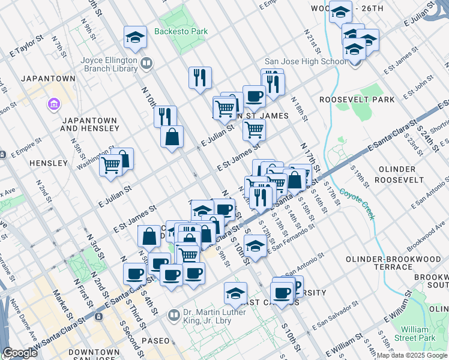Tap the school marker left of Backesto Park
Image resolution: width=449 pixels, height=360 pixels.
tap(136, 38)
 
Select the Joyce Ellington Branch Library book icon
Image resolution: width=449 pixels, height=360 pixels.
tap(146, 63)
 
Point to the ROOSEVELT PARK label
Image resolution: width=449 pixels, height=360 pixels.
tap(357, 99)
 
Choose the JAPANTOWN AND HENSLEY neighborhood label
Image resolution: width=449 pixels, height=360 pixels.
tap(89, 124)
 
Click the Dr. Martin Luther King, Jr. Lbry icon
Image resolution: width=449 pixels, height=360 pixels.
tap(174, 314)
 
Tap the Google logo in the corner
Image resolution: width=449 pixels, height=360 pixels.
tap(20, 353)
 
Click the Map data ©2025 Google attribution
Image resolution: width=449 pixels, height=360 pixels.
tap(412, 356)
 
